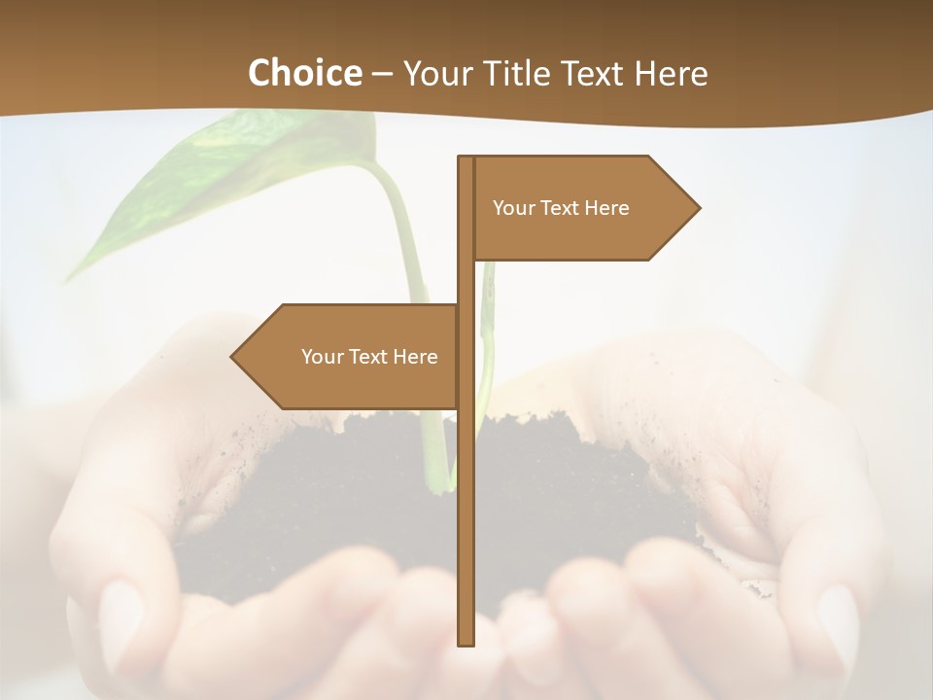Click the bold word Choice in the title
point(304,73)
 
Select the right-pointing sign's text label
point(561,208)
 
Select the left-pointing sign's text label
point(369,357)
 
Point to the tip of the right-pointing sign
point(698,207)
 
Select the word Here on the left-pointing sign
point(415,357)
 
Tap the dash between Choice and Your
point(382,74)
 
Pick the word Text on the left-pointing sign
point(369,357)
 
